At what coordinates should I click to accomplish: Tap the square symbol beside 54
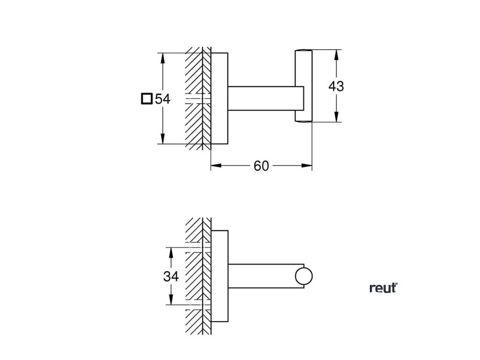pyautogui.click(x=147, y=99)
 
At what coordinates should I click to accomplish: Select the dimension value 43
pyautogui.click(x=336, y=86)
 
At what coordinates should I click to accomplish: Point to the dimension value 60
pyautogui.click(x=261, y=166)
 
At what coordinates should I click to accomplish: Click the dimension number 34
pyautogui.click(x=171, y=277)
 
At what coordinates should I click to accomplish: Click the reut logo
pyautogui.click(x=383, y=288)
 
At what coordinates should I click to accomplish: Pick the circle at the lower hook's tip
pyautogui.click(x=304, y=277)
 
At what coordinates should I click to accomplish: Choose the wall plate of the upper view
pyautogui.click(x=219, y=99)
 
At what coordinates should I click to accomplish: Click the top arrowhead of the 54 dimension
pyautogui.click(x=163, y=57)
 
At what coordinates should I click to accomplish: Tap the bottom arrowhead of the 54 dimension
pyautogui.click(x=163, y=140)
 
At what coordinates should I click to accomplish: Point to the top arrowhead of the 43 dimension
pyautogui.click(x=336, y=54)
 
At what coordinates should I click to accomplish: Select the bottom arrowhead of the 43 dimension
pyautogui.click(x=336, y=118)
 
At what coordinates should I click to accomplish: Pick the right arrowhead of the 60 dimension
pyautogui.click(x=308, y=165)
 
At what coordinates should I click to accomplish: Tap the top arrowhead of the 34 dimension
pyautogui.click(x=171, y=252)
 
